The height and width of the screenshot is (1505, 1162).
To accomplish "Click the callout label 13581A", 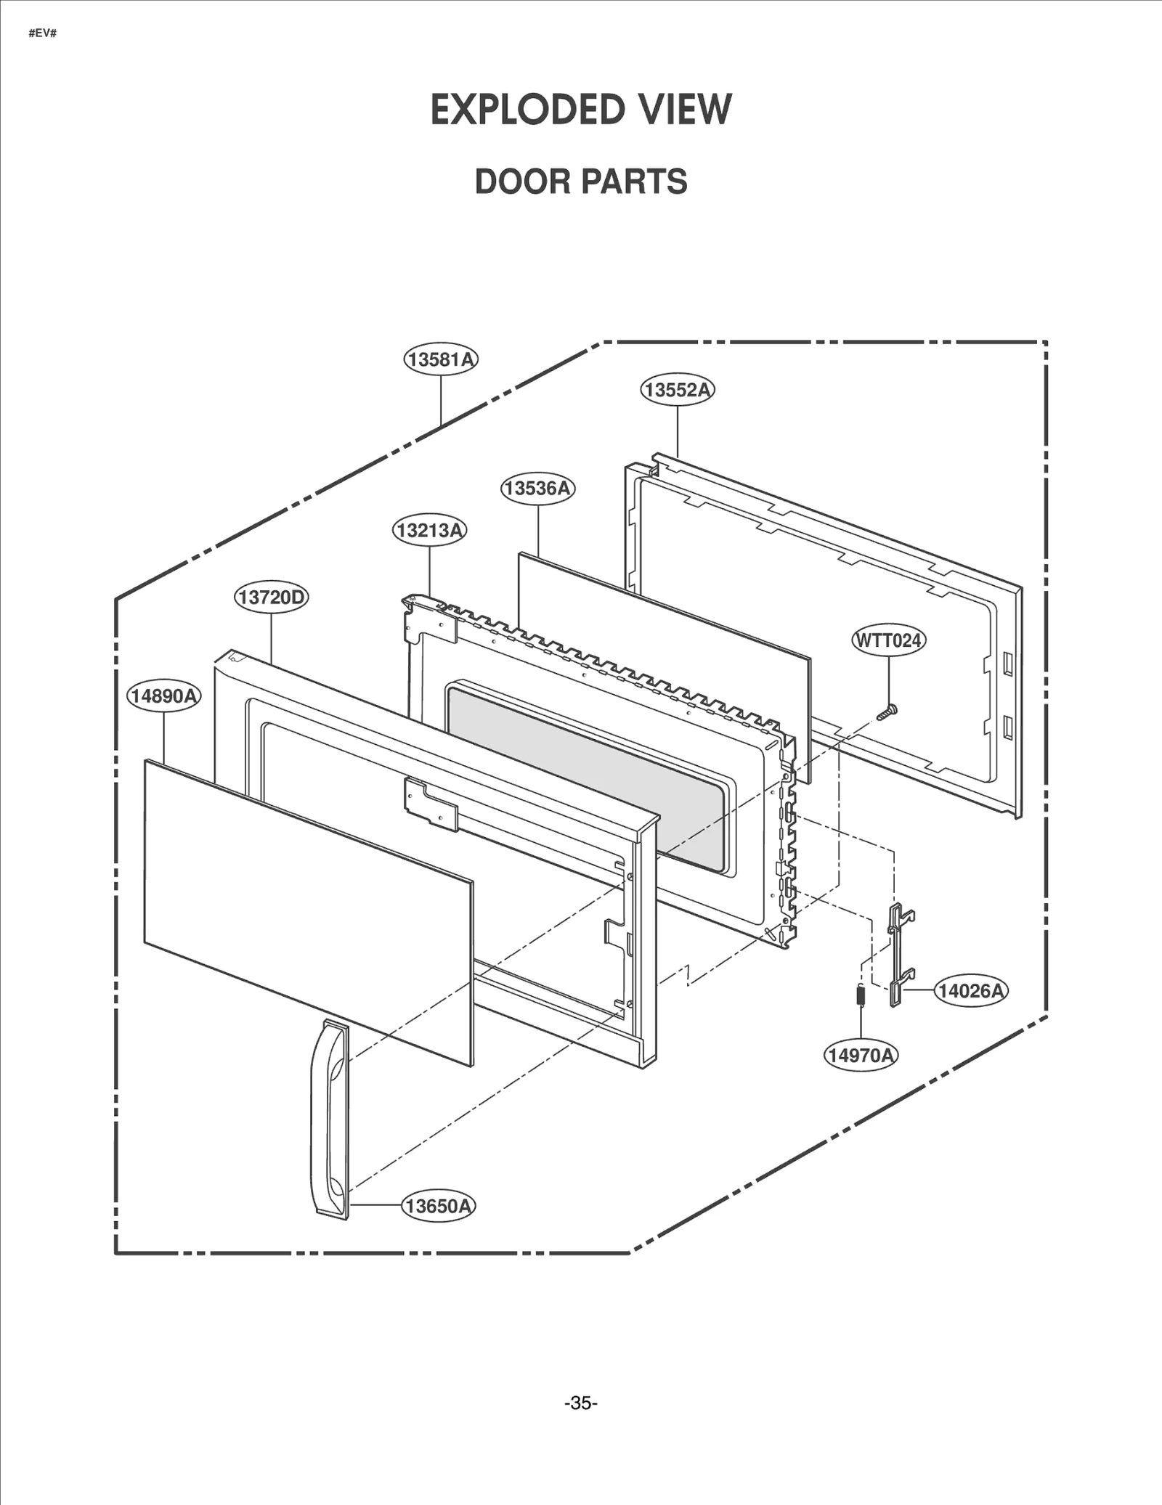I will tap(441, 359).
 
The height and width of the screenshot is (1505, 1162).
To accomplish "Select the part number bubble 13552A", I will tap(677, 390).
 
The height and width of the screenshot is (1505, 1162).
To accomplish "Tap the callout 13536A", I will tap(537, 488).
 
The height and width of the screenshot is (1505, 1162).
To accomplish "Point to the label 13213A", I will tap(429, 530).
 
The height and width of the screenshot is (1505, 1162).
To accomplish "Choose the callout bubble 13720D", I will tap(271, 597).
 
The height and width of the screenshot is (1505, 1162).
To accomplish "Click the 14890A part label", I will tap(164, 696).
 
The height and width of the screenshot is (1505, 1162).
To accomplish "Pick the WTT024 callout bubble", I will tap(888, 640).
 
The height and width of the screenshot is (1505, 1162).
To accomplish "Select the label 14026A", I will tap(970, 990).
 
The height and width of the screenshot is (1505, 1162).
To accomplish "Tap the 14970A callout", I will tap(861, 1055).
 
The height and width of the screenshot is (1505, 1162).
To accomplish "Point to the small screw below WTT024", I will tap(887, 713).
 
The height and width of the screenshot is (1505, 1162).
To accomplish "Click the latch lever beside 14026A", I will tap(900, 954).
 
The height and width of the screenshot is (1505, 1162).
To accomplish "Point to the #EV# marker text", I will tap(42, 33).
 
